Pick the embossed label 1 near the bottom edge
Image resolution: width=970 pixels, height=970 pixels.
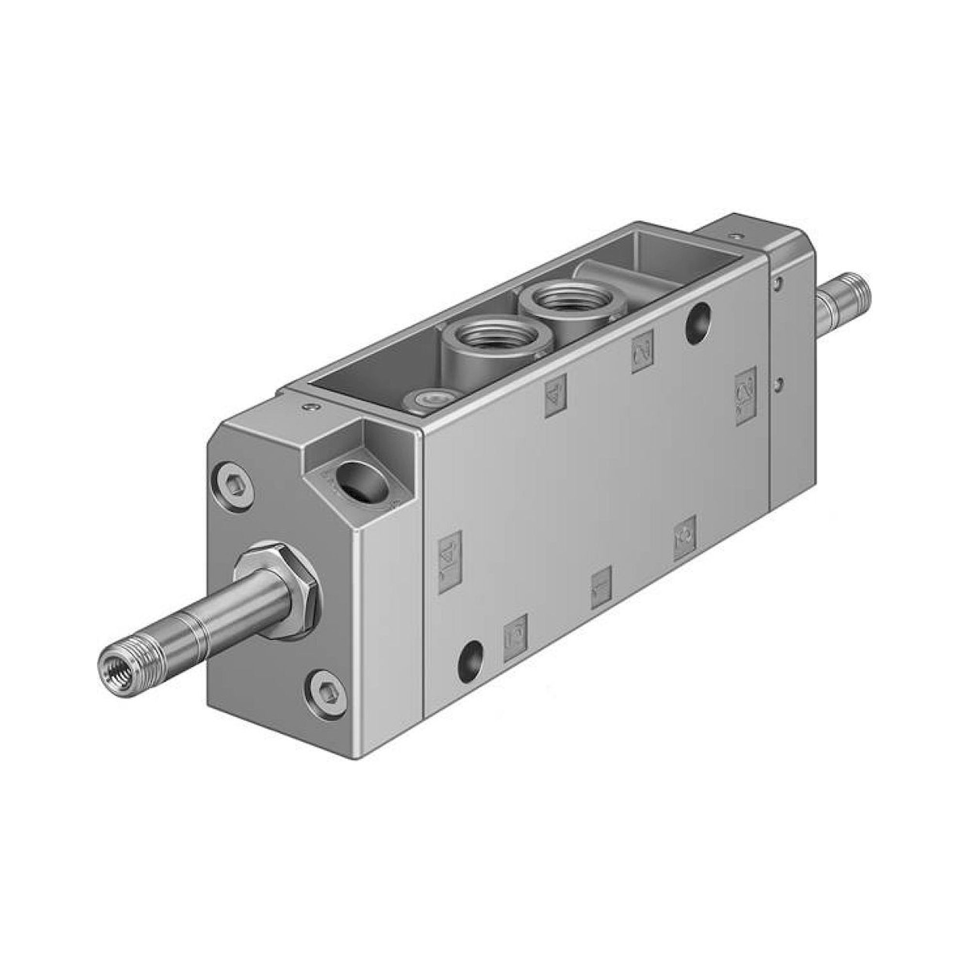pyautogui.click(x=601, y=587)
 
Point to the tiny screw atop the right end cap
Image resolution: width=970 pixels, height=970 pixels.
pyautogui.click(x=737, y=234)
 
